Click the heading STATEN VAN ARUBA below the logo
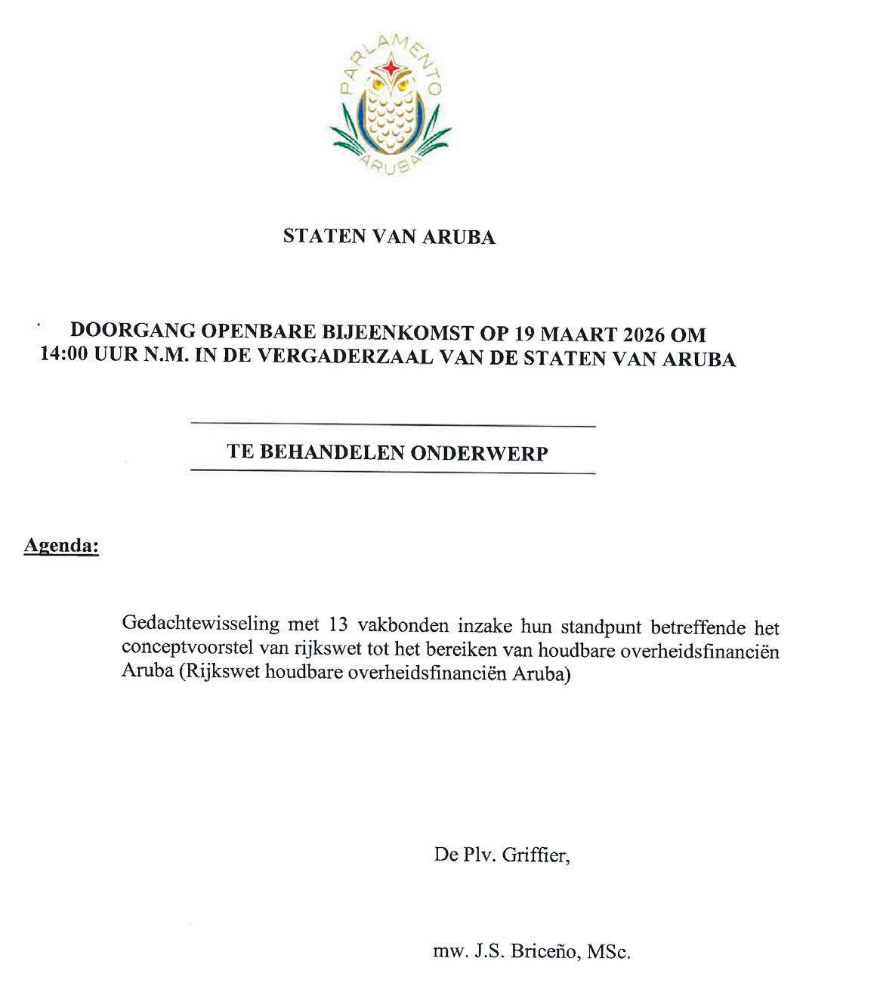click(x=389, y=237)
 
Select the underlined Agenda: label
click(x=61, y=545)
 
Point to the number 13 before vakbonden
click(x=340, y=626)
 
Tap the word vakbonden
click(x=397, y=626)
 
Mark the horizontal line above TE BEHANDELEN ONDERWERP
click(x=393, y=427)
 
